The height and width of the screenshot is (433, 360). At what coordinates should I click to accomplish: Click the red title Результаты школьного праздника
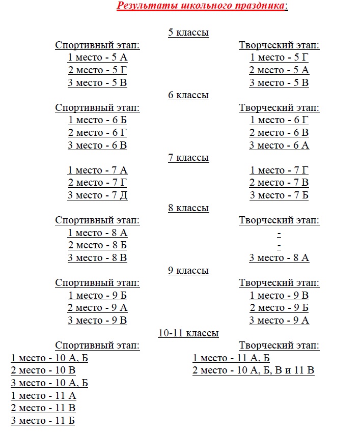(202, 6)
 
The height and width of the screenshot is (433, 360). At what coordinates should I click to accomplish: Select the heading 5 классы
(188, 33)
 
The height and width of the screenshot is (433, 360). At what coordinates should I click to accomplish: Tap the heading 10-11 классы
(188, 333)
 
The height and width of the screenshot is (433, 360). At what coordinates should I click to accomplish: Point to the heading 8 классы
(188, 208)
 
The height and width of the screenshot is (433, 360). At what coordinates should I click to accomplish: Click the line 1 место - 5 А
(97, 57)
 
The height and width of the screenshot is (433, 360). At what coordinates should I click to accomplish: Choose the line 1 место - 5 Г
(279, 57)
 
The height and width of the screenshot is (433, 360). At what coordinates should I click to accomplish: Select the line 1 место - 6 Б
(97, 120)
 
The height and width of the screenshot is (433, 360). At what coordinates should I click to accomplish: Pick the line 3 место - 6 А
(279, 146)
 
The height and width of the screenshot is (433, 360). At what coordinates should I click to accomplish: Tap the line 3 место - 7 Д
(97, 195)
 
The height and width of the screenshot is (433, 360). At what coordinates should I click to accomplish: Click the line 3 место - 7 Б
(279, 195)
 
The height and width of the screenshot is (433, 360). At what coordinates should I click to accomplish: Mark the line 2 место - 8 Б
(97, 245)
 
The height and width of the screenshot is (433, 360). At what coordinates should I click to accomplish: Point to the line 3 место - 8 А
(279, 258)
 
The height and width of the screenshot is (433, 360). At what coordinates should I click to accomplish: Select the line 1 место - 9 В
(279, 296)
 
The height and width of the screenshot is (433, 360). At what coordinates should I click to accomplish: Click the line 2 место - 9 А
(97, 308)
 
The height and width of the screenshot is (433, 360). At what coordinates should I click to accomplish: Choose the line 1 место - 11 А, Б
(231, 358)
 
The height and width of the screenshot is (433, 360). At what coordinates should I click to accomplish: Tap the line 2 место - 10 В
(43, 370)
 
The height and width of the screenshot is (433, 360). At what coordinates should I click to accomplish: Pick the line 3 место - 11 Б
(43, 421)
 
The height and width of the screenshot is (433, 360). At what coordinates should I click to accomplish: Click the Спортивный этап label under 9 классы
(97, 283)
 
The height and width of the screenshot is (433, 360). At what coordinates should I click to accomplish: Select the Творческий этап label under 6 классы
(279, 108)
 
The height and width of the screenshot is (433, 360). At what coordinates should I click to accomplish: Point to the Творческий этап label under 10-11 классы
(279, 346)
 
